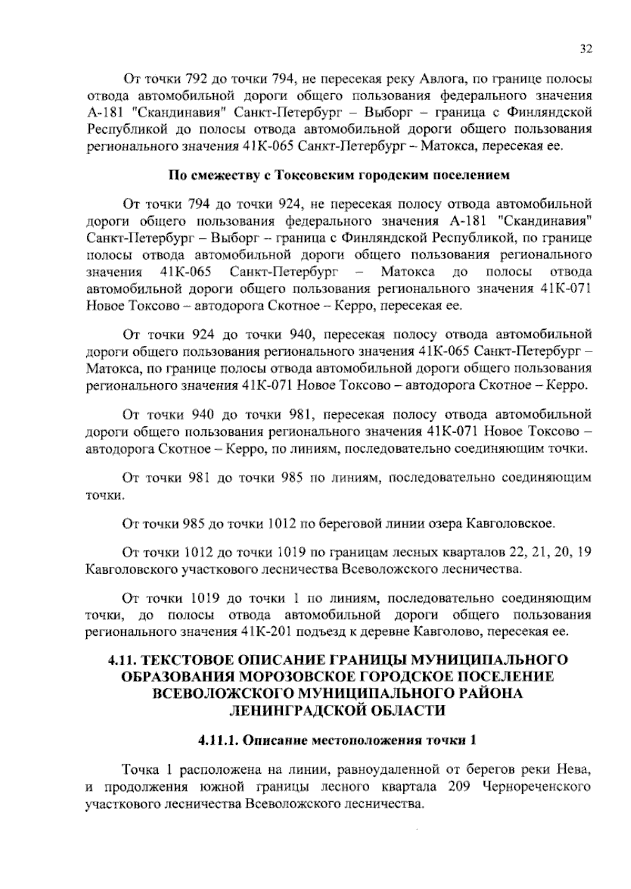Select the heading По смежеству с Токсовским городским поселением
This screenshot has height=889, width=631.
(x=339, y=175)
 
